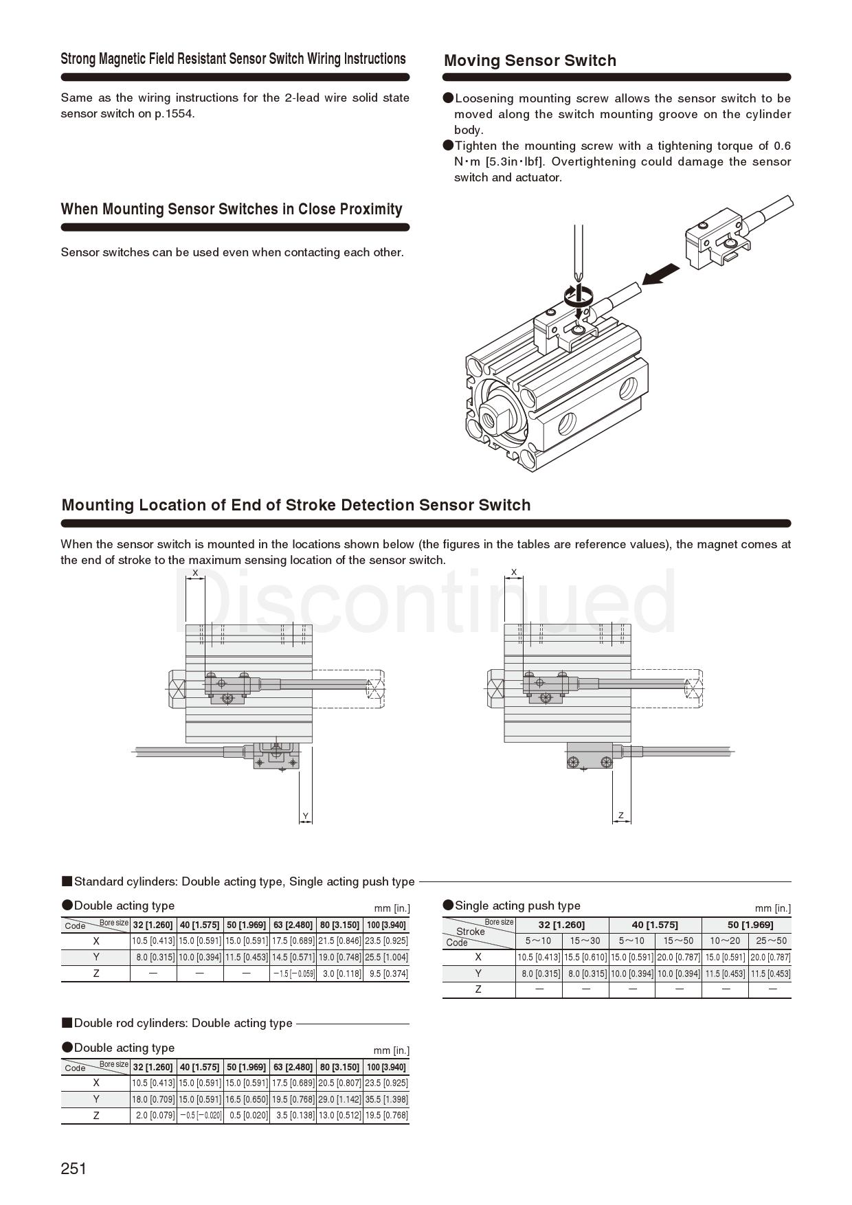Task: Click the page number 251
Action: pos(74,1169)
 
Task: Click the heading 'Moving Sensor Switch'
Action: pos(530,60)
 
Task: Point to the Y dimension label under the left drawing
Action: pos(306,816)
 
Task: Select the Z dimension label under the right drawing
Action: pos(621,815)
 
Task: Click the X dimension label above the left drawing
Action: pos(195,573)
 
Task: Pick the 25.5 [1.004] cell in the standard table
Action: pos(386,957)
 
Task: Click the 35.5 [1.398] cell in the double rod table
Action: pos(386,1099)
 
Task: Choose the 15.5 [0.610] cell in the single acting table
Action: pos(585,957)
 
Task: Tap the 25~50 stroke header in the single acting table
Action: pos(771,941)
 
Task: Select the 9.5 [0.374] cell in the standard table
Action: pos(386,973)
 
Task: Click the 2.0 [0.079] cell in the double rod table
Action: pos(153,1116)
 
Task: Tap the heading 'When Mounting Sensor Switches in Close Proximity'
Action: pos(232,209)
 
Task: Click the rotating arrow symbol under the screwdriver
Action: pos(577,296)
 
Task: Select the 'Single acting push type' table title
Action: pos(517,905)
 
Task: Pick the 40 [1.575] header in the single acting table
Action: pos(655,925)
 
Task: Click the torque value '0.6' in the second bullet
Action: pos(782,146)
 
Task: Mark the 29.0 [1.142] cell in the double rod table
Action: pos(339,1099)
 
